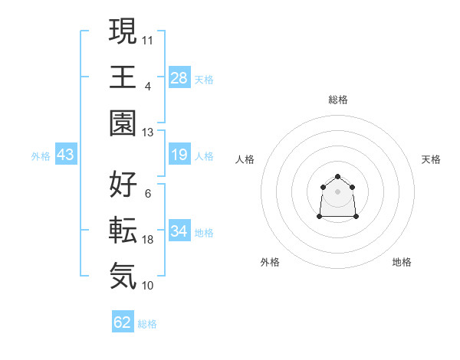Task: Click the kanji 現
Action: tap(123, 32)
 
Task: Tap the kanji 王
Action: tap(123, 77)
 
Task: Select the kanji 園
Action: tap(123, 123)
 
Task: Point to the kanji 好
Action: tap(123, 185)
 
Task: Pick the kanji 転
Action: tap(123, 230)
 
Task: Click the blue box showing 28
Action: tap(179, 78)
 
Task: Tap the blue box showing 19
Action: tap(179, 155)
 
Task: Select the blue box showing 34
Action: tap(179, 231)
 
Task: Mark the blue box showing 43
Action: tap(66, 155)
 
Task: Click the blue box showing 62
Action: tap(123, 322)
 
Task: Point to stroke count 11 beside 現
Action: tap(148, 39)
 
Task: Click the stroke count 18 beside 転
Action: tap(148, 240)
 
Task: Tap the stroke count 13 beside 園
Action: tap(148, 132)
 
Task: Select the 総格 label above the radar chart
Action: tap(337, 100)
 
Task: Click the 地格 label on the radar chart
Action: tap(402, 262)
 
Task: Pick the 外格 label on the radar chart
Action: tap(270, 262)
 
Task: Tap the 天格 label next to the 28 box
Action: tap(204, 79)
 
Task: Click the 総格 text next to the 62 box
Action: tap(147, 323)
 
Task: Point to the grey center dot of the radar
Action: tap(337, 191)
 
